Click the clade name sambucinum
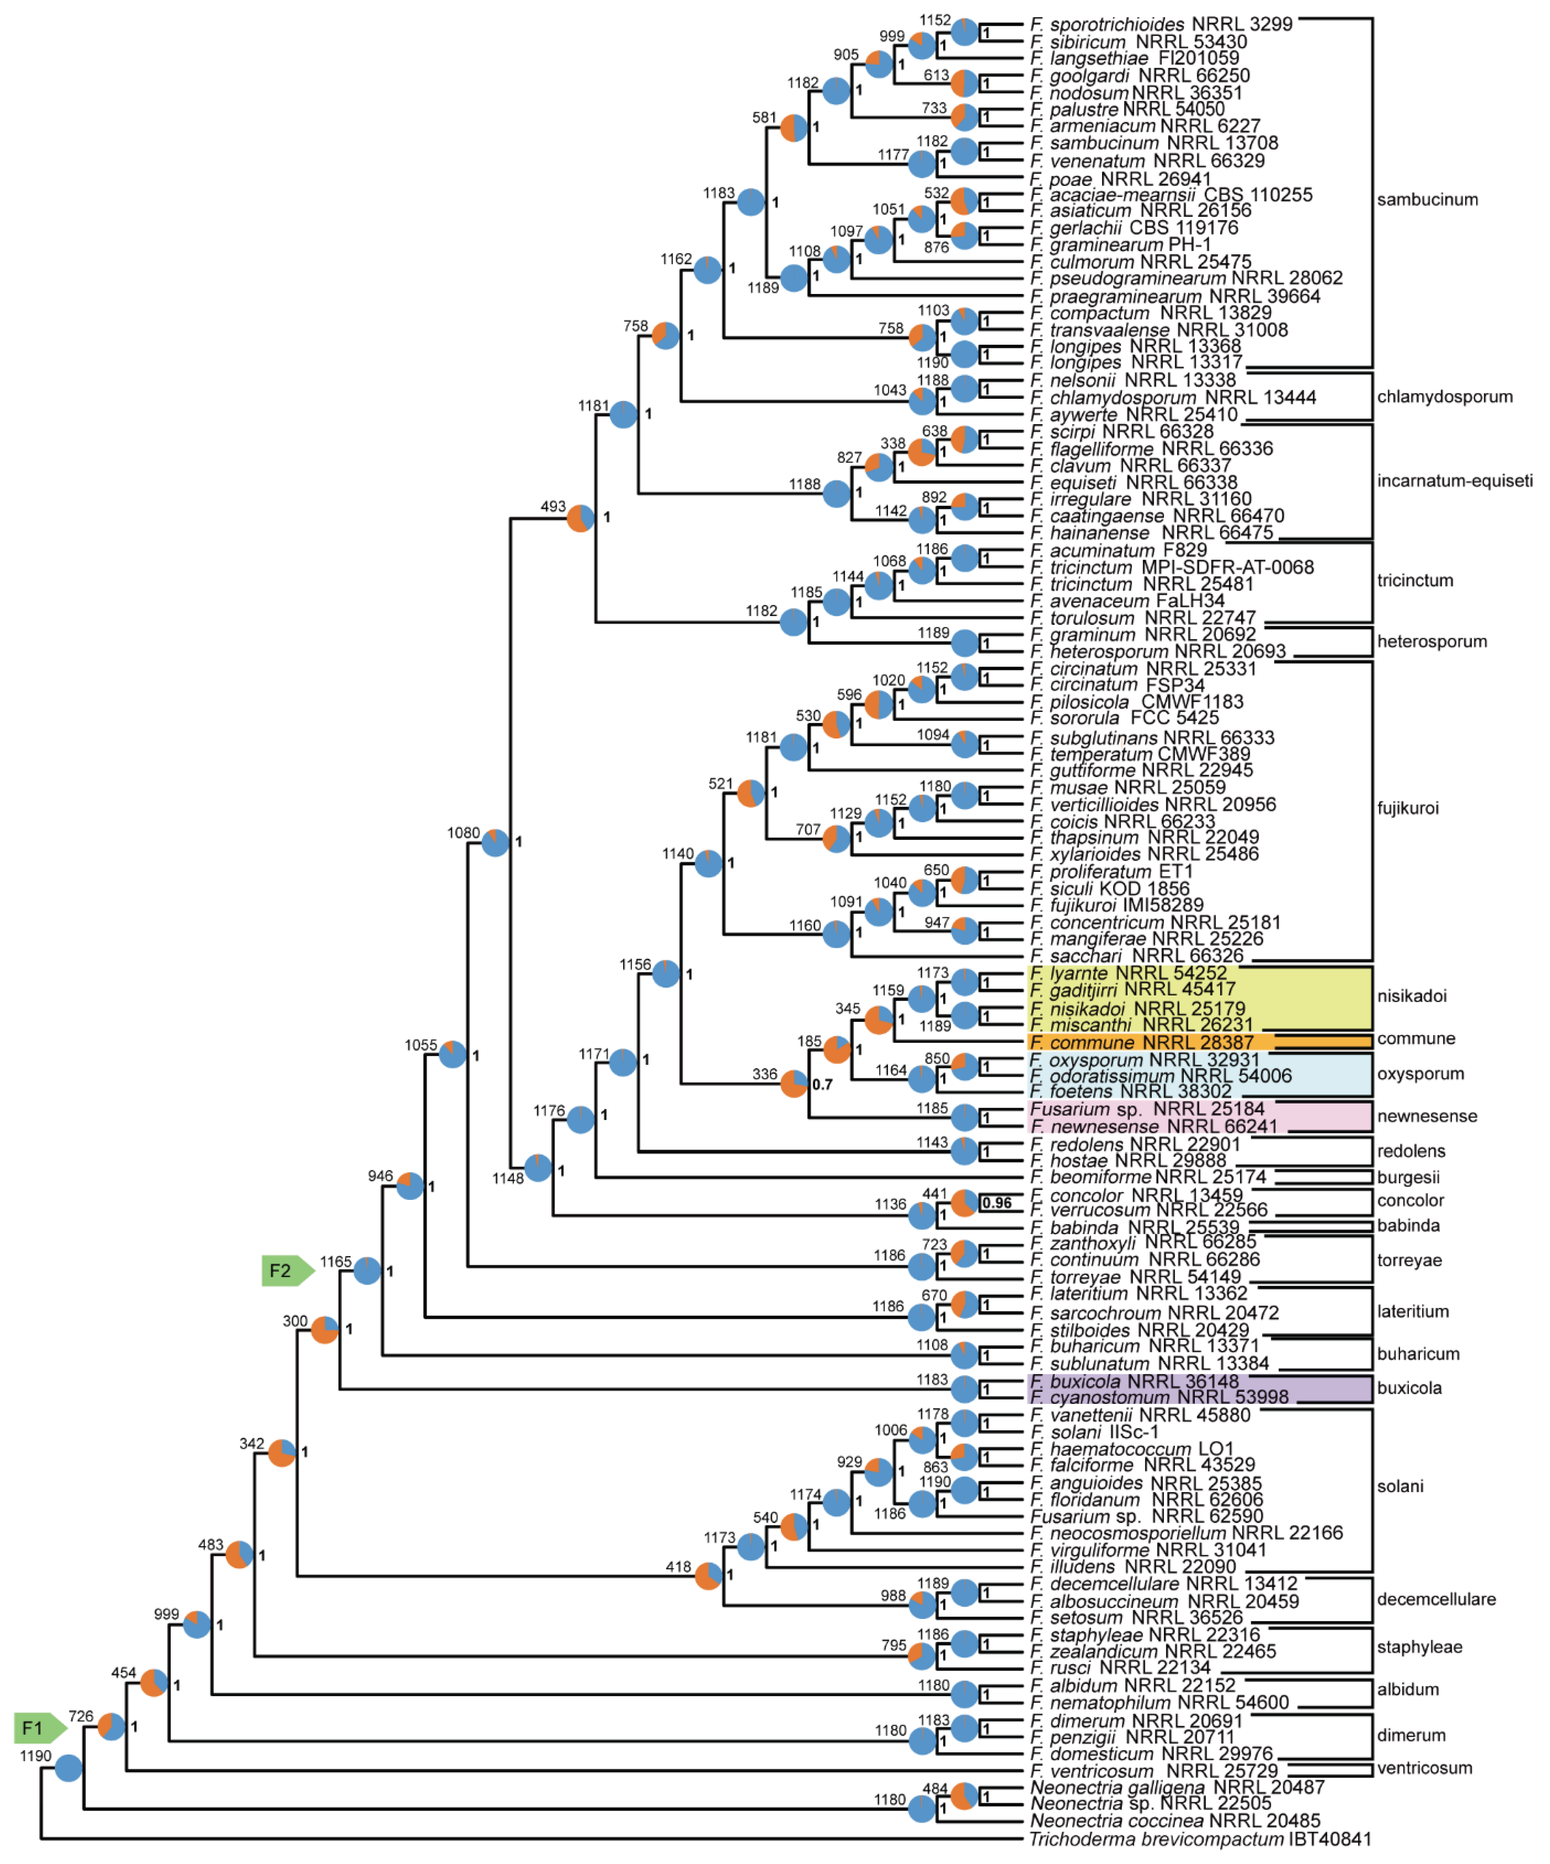[x=1427, y=200]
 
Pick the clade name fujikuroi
[x=1407, y=808]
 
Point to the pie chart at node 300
[x=325, y=1330]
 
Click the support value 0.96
[x=996, y=1203]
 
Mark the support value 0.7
[x=823, y=1084]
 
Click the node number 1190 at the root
[x=36, y=1756]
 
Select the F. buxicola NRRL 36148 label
[x=1134, y=1381]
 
